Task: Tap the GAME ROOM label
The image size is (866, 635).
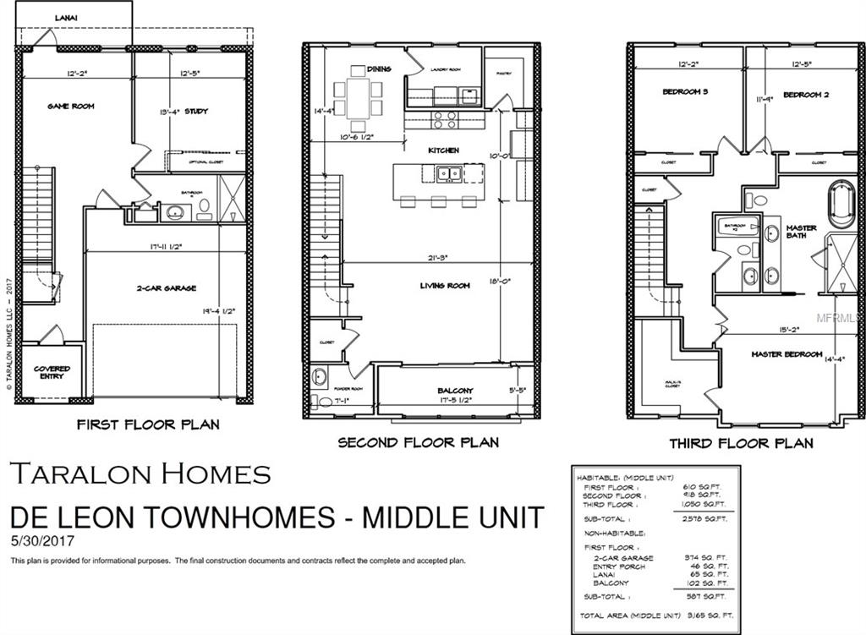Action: point(70,107)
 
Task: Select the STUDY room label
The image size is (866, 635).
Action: point(196,111)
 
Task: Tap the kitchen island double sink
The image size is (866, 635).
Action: point(449,174)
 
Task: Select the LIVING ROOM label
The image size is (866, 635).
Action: point(445,286)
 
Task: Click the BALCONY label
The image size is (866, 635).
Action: point(455,391)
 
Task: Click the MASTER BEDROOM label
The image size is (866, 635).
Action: point(787,354)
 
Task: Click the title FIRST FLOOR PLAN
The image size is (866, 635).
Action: point(148,424)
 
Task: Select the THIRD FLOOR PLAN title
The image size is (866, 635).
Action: point(741,443)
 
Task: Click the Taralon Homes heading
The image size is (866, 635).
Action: point(140,474)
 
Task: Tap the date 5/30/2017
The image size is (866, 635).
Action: point(38,539)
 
